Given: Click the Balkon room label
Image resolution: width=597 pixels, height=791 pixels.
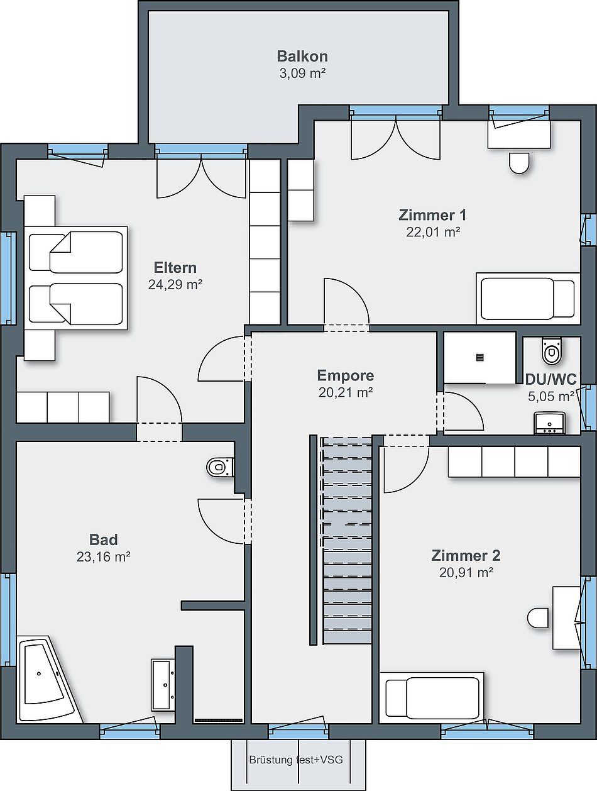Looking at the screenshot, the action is point(302,57).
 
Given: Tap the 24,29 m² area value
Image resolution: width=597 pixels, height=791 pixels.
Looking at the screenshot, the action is point(175,285).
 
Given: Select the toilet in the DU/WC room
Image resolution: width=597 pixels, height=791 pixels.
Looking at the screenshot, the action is point(552,351).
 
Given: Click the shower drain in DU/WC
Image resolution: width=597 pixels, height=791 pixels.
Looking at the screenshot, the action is point(479,358).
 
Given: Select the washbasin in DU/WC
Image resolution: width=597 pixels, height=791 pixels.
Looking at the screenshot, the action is point(549,423).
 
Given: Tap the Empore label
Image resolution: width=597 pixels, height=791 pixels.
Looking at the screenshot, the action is point(345,375).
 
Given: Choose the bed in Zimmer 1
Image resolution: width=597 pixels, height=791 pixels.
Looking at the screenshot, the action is point(528,299).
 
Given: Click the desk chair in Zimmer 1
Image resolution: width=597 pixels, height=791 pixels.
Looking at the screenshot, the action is point(519,163).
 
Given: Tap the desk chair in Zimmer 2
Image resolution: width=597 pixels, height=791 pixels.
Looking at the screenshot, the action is point(537,617).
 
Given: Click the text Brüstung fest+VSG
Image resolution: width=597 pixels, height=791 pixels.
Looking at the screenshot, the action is point(296,760).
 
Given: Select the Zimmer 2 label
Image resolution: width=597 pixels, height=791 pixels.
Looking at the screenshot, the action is point(466,555).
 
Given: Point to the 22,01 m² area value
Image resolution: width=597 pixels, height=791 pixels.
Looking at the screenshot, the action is point(433,232).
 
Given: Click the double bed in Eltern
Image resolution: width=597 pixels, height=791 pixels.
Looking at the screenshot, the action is point(75,278).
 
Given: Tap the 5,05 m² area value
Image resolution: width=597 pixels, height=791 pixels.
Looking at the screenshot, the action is point(551,396).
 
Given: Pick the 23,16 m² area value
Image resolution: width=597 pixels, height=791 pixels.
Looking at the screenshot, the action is point(103,556).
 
